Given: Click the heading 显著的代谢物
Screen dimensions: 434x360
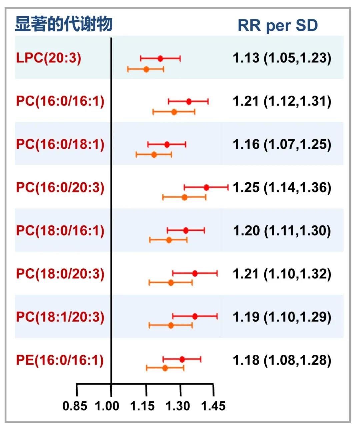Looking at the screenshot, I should [63, 24].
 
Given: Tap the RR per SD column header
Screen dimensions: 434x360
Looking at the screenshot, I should [278, 26].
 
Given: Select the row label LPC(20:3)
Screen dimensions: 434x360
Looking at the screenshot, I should [49, 58].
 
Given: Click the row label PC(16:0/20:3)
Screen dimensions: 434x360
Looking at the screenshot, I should [60, 187].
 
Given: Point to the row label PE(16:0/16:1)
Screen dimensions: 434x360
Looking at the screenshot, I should [60, 360].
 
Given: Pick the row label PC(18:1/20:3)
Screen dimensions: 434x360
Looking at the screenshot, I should [60, 317].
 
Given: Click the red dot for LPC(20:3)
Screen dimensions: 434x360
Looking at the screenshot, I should [160, 59].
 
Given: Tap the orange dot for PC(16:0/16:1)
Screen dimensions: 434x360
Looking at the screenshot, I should [174, 112].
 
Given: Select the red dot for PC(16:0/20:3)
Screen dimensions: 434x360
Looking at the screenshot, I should [206, 188].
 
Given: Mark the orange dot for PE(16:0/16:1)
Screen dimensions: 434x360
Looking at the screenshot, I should [165, 368].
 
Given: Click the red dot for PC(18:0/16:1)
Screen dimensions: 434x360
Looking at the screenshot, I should [186, 230].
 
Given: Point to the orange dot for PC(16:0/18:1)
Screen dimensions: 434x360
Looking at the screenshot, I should [154, 155].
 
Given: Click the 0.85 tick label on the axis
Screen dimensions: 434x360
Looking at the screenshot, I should [75, 406].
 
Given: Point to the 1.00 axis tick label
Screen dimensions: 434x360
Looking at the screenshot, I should [107, 406].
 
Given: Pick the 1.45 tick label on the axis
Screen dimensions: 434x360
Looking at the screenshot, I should [213, 406].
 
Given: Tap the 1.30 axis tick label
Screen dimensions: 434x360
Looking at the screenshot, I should [178, 406].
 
